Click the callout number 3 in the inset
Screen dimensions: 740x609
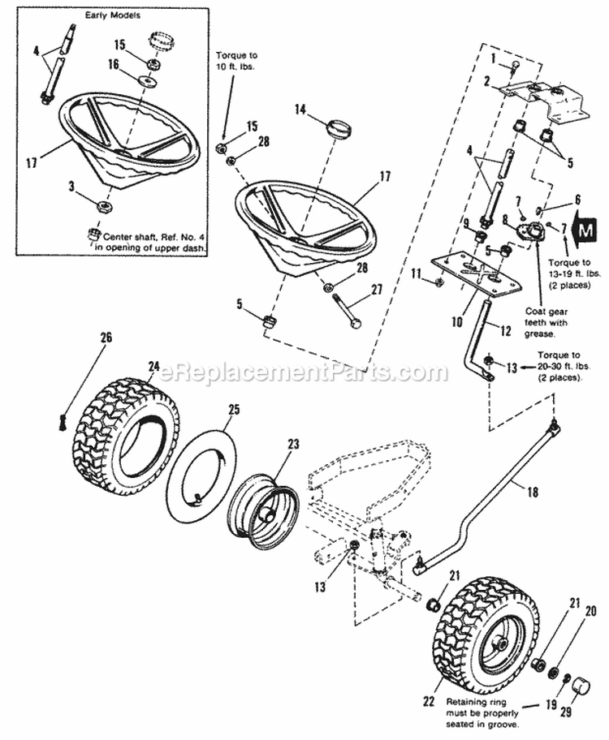click(x=71, y=187)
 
